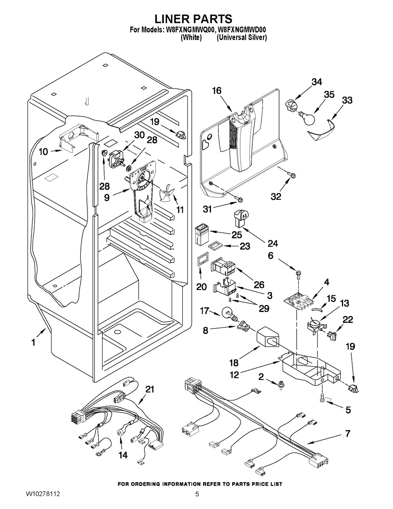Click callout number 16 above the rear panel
[x=217, y=91]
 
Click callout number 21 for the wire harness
[x=150, y=390]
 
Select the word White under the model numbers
[x=191, y=38]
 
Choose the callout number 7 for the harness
[x=347, y=434]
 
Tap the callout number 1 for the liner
[x=33, y=343]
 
